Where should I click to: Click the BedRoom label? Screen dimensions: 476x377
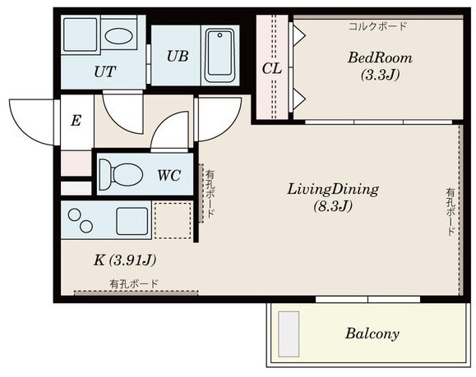point(380,57)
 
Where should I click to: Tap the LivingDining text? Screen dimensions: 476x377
point(333,189)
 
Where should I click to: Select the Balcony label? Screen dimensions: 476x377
point(372,333)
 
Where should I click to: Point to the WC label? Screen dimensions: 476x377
point(169,175)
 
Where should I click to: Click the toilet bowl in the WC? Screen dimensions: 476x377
point(122,175)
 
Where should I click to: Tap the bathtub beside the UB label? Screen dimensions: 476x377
point(220,56)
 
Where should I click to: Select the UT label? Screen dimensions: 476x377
point(104,72)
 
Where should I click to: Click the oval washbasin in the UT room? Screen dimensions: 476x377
point(118,36)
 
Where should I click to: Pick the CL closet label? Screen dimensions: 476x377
point(271,69)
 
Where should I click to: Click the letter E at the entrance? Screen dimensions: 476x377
point(76,121)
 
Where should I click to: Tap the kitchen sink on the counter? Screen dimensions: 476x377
point(132,221)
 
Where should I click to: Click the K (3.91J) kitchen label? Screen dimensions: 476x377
point(125,260)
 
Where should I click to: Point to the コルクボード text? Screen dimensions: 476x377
point(377,26)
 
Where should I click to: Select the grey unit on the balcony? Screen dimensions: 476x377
point(289,334)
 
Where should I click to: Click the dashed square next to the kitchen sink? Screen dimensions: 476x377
point(173,220)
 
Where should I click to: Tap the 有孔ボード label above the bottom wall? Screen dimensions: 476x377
point(134,284)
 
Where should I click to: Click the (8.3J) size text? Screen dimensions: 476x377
point(333,206)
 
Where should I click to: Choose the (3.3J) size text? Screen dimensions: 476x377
point(380,74)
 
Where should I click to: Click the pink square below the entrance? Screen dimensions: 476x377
point(76,163)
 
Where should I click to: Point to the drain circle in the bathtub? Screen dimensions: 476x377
point(220,35)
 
